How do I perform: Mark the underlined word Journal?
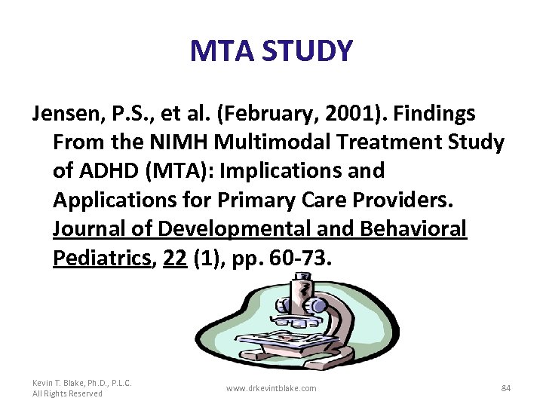pyautogui.click(x=91, y=229)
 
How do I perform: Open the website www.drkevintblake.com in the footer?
pyautogui.click(x=271, y=388)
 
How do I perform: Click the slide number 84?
pyautogui.click(x=506, y=388)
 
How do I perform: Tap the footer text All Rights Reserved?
pyautogui.click(x=68, y=394)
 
